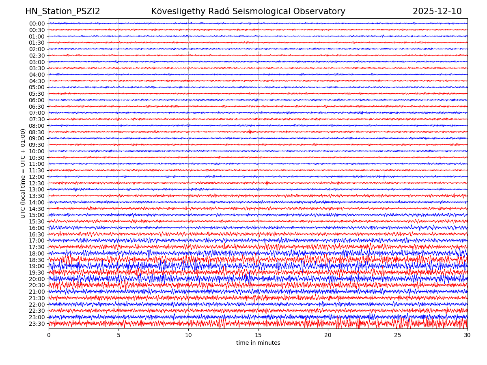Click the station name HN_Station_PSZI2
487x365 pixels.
point(62,11)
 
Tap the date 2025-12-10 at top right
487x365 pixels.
point(437,11)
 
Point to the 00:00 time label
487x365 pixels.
point(37,24)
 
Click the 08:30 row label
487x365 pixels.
point(37,132)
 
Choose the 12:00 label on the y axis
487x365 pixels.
point(37,177)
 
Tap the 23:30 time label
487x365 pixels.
point(37,324)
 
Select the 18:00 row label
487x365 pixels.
point(37,253)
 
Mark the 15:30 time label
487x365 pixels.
point(37,221)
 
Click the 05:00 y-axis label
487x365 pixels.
point(37,87)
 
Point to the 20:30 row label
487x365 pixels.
point(37,286)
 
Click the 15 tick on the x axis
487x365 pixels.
point(258,335)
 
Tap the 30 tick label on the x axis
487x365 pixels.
point(468,335)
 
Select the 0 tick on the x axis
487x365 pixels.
point(49,335)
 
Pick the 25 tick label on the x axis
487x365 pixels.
point(398,335)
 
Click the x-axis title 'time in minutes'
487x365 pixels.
point(258,343)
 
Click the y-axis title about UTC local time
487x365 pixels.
point(23,174)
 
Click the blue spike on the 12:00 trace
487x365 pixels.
point(384,176)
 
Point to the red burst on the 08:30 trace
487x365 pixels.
point(250,132)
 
